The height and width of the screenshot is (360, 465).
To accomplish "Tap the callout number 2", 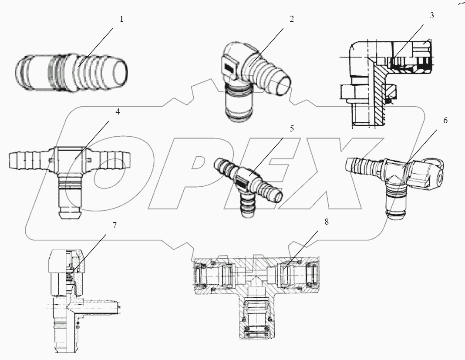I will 291,19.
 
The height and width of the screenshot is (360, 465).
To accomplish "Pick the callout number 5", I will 291,129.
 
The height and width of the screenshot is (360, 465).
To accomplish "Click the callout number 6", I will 445,121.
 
